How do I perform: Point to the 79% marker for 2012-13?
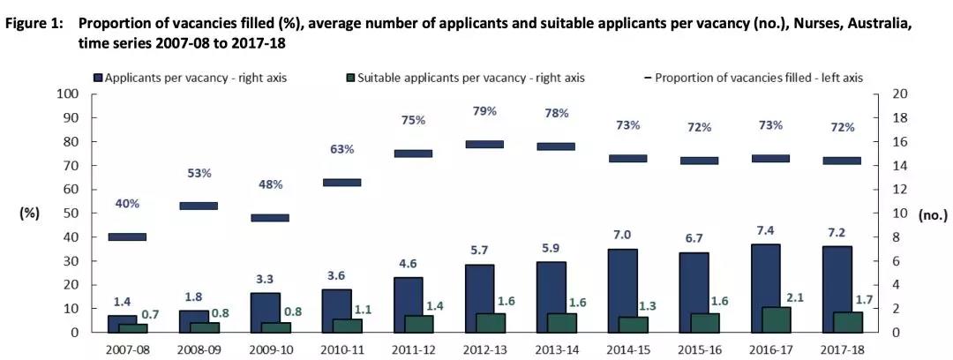pos(484,144)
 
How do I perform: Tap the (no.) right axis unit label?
pos(932,214)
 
